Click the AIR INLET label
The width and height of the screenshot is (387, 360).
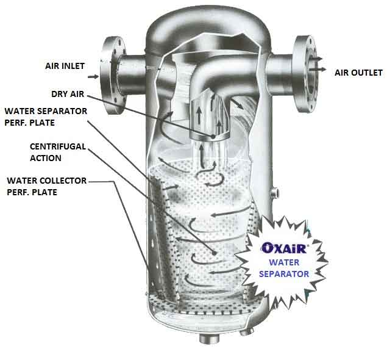(x=65, y=66)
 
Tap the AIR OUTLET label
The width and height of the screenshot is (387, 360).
(x=358, y=73)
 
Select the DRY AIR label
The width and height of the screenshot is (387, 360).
(x=68, y=94)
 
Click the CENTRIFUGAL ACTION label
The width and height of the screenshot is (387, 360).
(x=58, y=152)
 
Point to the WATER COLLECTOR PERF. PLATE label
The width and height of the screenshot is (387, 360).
(x=47, y=186)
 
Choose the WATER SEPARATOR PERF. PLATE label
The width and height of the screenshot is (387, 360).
(x=46, y=117)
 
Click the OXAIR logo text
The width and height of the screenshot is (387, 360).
(x=284, y=248)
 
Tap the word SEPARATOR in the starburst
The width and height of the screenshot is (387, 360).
(x=284, y=274)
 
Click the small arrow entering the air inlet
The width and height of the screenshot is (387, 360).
(x=93, y=77)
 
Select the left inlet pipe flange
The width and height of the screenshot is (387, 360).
(x=113, y=75)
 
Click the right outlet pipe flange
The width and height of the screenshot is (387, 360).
(x=305, y=74)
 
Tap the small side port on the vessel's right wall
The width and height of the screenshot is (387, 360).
(x=275, y=192)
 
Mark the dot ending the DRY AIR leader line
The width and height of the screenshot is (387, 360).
(x=213, y=136)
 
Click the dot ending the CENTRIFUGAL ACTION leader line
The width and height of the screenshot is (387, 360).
(x=215, y=253)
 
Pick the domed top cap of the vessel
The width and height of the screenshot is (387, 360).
(x=208, y=27)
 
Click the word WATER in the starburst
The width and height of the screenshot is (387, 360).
(x=284, y=262)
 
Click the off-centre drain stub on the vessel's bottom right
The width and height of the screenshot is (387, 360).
(x=247, y=331)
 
